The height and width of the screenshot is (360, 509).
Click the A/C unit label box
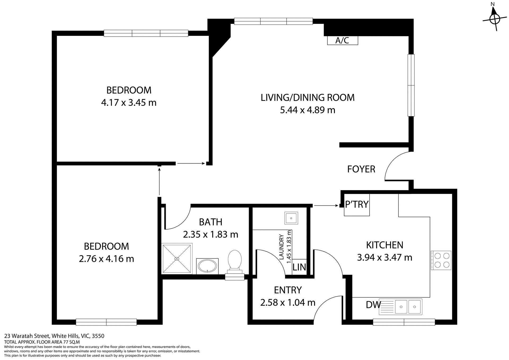343,40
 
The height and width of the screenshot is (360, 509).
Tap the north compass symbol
494,19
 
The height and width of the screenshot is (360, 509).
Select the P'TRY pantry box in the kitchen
357,205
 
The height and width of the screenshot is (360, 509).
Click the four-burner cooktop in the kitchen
441,260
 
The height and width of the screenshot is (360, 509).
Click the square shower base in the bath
177,258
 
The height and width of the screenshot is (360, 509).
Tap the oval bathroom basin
207,266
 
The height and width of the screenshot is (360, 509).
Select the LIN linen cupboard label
299,267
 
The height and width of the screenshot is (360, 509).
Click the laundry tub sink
291,218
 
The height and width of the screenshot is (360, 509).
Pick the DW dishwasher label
373,305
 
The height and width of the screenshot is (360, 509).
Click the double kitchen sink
408,307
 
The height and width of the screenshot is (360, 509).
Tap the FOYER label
361,169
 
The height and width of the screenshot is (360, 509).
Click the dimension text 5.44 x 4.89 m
308,110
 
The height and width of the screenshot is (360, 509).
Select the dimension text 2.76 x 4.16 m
106,259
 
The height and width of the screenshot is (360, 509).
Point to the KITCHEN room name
384,245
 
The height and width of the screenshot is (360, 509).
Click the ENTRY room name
288,290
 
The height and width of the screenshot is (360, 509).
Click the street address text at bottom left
54,336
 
